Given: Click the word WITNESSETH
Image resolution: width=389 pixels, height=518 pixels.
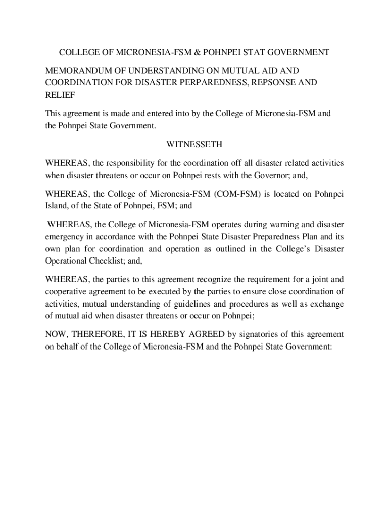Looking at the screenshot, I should [194, 145].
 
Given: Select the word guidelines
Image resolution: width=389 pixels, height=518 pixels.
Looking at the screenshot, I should [189, 304].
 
